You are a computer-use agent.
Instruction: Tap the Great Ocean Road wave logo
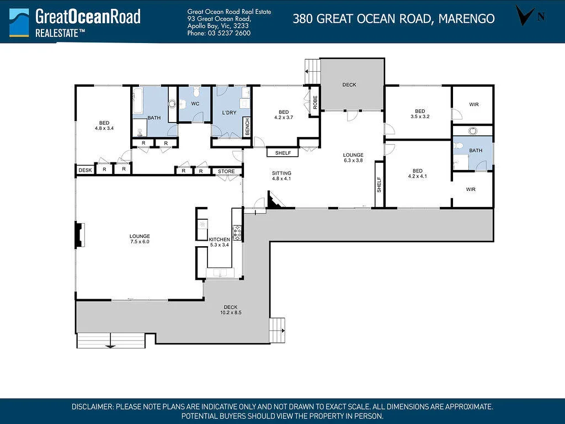point(19,22)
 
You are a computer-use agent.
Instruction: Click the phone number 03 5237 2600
point(229,33)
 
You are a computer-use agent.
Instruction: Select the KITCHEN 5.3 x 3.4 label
point(220,242)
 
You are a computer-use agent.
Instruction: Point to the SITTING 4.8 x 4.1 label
point(281,176)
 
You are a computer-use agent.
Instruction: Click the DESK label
point(86,170)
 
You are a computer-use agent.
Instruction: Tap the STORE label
point(226,172)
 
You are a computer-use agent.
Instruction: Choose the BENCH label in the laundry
point(247,127)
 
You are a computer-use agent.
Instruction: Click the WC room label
point(195,104)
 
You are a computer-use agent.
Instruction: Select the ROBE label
point(315,102)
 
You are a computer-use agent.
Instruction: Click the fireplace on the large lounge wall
point(79,235)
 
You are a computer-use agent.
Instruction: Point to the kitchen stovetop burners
point(237,232)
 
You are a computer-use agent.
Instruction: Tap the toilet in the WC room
point(196,92)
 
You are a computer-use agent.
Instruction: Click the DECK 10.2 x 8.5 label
point(231,310)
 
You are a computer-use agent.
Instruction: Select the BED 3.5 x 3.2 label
point(420,114)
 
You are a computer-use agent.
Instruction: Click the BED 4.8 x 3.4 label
point(104,125)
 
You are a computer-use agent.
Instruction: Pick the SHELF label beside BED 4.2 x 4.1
point(379,184)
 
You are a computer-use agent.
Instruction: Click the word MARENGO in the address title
point(467,18)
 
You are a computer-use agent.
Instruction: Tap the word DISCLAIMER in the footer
point(93,407)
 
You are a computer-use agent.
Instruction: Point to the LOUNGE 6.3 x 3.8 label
point(353,157)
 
